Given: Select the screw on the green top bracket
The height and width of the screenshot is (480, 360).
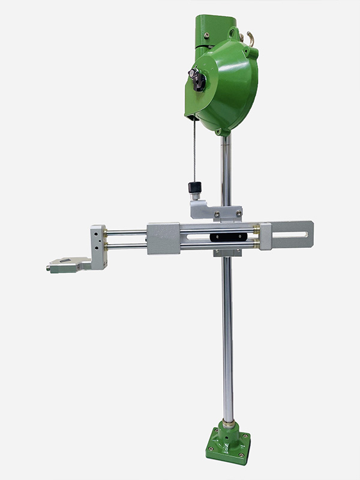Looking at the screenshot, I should point(207,35).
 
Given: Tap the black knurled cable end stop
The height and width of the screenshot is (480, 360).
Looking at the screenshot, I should point(194,187).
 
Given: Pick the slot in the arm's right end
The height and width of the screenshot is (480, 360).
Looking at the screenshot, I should point(290,235).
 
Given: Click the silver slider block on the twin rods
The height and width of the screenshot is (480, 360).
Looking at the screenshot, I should point(163,238).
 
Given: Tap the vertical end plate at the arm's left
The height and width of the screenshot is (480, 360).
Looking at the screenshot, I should point(98,246).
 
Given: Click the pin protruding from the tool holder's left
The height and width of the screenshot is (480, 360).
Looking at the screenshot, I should point(48,268).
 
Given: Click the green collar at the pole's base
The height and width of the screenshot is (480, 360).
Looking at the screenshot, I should point(228,427).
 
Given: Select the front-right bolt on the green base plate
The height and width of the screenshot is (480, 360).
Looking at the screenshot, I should point(242,456).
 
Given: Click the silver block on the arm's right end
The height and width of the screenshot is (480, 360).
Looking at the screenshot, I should point(265,236).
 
